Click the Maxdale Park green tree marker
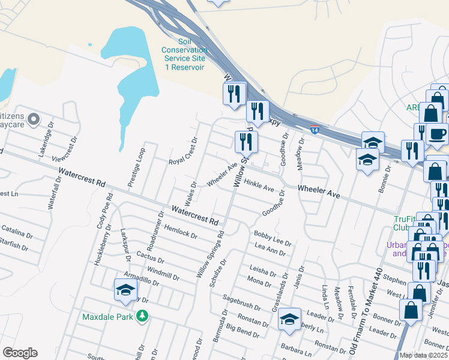[142, 315]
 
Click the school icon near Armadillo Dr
[125, 290]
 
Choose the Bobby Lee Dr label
[273, 238]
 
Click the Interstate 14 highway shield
[315, 129]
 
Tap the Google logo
[19, 353]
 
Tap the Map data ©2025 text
[424, 355]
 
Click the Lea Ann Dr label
[270, 250]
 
